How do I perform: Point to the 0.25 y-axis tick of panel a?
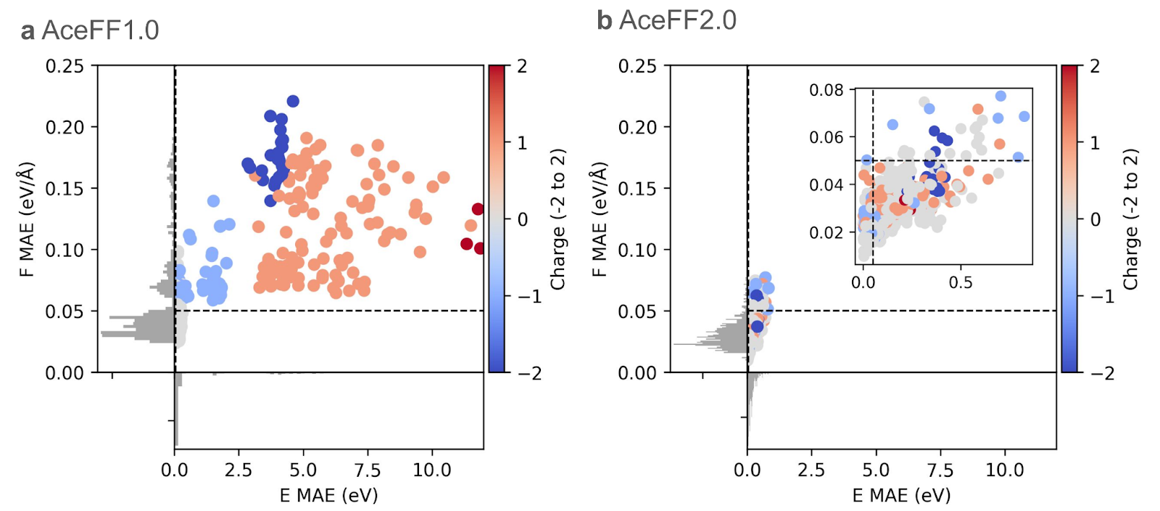[x=65, y=66]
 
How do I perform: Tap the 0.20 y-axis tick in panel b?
[x=638, y=127]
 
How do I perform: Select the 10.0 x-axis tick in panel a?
[x=432, y=470]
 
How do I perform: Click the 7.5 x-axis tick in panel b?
[x=940, y=470]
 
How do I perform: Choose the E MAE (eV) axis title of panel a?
[x=328, y=496]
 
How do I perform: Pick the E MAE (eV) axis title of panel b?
[x=901, y=496]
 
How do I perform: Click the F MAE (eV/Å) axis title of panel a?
[x=27, y=219]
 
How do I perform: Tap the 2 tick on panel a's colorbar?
[x=522, y=66]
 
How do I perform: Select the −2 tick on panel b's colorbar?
[x=1103, y=373]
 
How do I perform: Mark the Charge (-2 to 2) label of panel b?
[x=1130, y=219]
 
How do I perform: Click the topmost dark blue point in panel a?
[x=293, y=101]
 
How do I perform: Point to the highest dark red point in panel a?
[x=478, y=209]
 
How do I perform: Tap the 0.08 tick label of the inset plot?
[x=826, y=90]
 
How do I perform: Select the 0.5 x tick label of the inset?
[x=961, y=282]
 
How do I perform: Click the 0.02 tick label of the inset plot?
[x=826, y=232]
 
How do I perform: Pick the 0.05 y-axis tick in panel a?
[x=65, y=311]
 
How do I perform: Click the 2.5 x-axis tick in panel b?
[x=811, y=470]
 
